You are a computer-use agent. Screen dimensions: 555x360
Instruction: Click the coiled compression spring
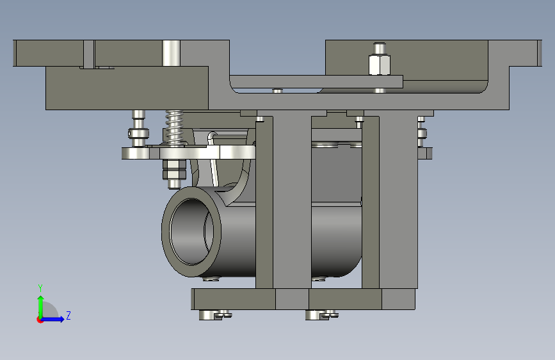pos(175,127)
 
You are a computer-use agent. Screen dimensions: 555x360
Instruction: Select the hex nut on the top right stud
pos(380,65)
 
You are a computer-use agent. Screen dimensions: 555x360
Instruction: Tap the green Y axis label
pos(40,288)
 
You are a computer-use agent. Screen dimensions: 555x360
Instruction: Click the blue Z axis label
pos(68,315)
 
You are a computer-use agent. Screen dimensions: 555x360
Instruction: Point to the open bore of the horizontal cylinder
pos(191,232)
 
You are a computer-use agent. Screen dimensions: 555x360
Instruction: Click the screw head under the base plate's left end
pos(215,315)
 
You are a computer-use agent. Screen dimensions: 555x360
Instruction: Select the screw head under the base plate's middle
pos(322,315)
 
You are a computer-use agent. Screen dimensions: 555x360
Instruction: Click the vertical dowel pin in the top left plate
pos(172,53)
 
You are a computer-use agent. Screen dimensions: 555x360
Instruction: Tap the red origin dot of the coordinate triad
pos(40,320)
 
